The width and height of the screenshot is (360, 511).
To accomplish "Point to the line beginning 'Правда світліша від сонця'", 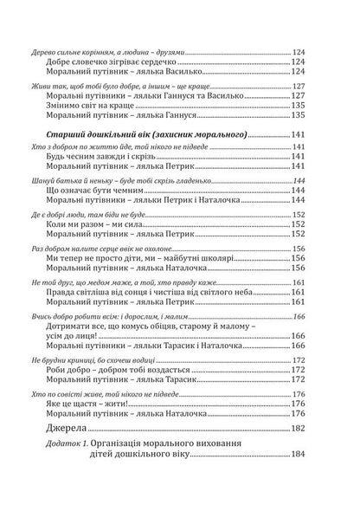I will click(147, 295).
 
